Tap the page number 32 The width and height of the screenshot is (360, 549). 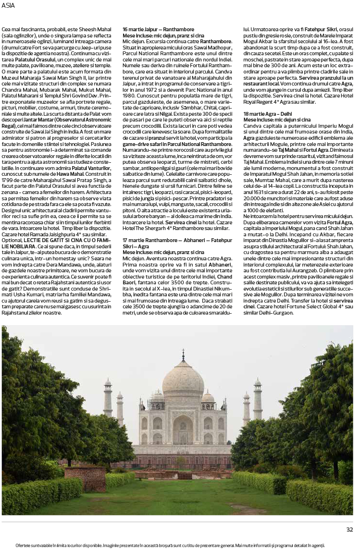349,530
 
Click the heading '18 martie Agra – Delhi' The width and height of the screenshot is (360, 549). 268,113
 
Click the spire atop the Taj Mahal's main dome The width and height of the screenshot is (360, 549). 183,356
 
